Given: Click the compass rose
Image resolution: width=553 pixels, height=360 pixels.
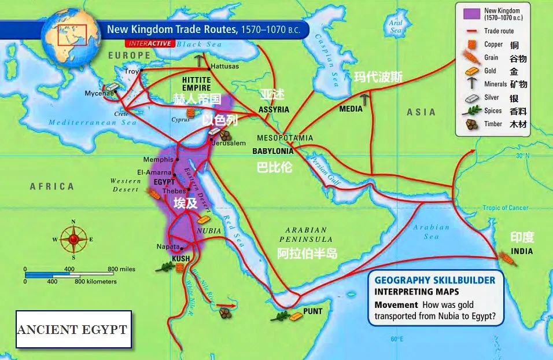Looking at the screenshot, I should point(73,238).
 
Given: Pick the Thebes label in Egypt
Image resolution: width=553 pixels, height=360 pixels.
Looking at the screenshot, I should point(174,190).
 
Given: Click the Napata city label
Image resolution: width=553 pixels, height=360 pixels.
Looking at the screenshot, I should point(168,247).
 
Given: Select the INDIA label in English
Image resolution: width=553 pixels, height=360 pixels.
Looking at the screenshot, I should point(521,252).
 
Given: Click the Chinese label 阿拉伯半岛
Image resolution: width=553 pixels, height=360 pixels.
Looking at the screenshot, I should point(307,254).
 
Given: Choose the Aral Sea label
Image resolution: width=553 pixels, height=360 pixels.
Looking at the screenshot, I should point(396,26).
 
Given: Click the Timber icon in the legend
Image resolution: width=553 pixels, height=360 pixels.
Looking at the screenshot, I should point(473,123).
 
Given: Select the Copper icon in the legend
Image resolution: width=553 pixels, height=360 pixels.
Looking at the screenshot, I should point(473,44).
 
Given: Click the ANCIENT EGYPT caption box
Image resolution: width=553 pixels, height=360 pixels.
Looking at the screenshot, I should point(73,329).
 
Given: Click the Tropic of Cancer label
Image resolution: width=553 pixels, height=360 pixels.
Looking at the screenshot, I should point(506,208).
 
